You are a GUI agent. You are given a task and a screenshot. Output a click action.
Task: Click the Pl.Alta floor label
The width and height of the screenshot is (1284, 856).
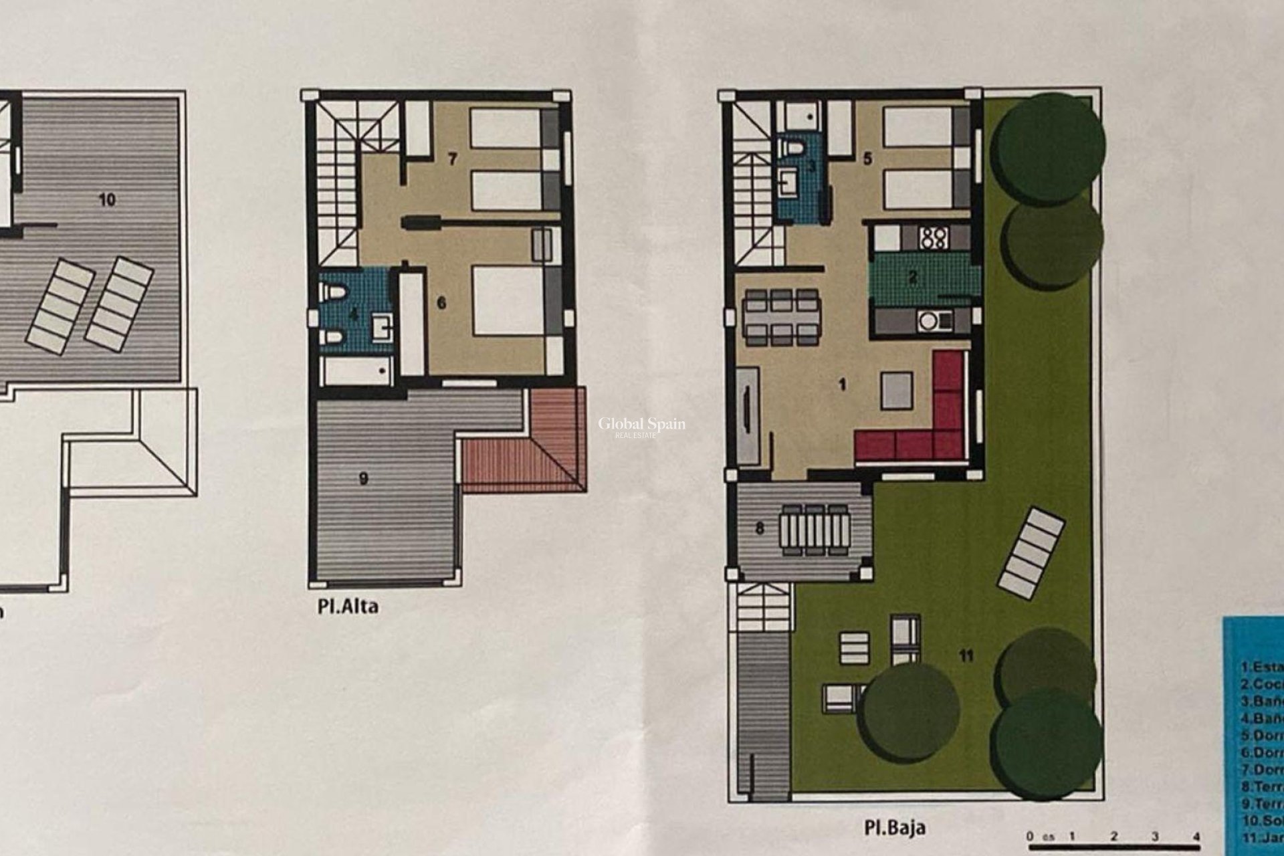(348, 607)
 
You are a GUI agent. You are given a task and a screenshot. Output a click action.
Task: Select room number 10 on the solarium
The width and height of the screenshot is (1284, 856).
(107, 199)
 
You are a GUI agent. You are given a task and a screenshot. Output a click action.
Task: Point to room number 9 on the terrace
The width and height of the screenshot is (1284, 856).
(364, 479)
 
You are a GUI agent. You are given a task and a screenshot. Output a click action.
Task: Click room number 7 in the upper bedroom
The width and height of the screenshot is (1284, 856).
(453, 159)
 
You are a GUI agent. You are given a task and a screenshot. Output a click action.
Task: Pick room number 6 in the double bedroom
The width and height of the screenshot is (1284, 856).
(441, 303)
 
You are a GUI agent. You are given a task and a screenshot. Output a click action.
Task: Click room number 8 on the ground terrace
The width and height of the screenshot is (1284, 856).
(759, 528)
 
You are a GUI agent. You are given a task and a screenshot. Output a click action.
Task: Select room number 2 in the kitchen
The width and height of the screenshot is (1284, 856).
(912, 278)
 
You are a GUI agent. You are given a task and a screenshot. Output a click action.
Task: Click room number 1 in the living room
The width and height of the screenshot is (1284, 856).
(843, 385)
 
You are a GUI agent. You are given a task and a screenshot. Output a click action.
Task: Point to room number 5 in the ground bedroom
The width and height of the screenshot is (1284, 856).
(868, 159)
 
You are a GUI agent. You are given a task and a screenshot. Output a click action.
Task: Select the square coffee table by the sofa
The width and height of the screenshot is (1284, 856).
(896, 391)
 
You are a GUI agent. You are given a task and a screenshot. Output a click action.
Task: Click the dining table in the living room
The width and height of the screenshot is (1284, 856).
(780, 317)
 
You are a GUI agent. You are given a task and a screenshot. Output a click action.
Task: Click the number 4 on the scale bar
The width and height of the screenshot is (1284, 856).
(1196, 837)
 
